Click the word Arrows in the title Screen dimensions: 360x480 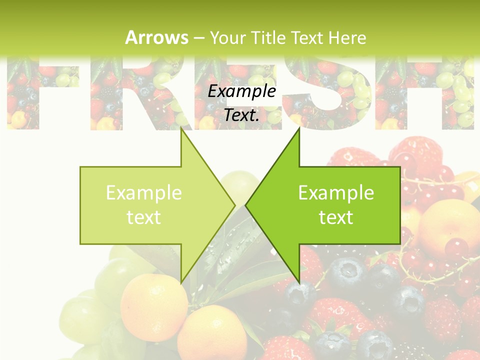(156, 37)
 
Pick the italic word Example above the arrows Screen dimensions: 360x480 (242, 91)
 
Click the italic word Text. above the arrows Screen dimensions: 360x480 (242, 115)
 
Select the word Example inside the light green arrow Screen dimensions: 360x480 (144, 193)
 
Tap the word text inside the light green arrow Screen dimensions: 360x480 (144, 217)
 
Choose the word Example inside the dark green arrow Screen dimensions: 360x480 (336, 193)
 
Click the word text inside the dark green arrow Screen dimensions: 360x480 (336, 217)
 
